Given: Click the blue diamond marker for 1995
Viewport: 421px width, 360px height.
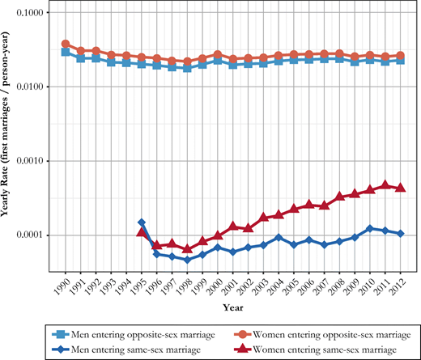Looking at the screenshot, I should pos(142,222).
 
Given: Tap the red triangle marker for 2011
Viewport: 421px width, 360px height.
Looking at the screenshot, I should pos(385,185).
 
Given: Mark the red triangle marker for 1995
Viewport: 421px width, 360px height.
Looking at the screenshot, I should pos(142,232).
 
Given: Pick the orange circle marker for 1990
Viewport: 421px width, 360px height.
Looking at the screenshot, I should pos(66,44).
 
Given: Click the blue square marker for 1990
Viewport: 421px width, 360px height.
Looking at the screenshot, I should pos(66,52).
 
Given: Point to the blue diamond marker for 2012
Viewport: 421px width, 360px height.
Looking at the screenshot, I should pos(400,233).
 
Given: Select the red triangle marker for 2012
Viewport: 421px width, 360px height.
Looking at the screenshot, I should pos(400,188).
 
